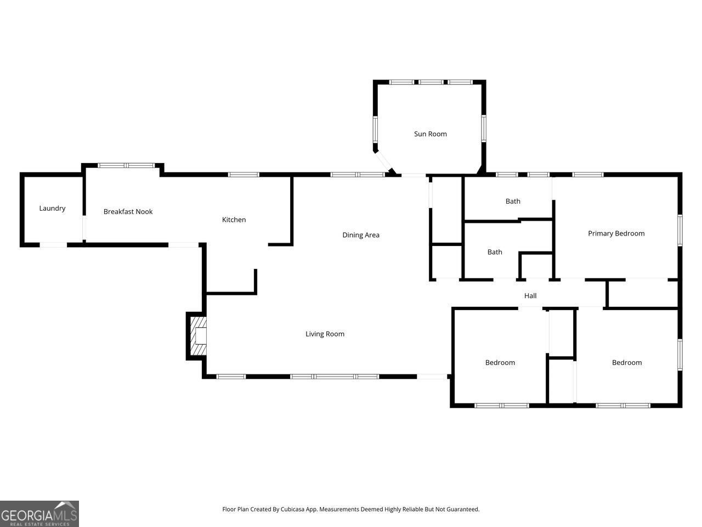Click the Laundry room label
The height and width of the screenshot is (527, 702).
pyautogui.click(x=52, y=209)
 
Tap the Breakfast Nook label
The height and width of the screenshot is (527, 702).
pyautogui.click(x=128, y=212)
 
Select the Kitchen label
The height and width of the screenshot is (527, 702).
pyautogui.click(x=234, y=220)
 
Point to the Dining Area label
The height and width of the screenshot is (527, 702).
pyautogui.click(x=361, y=235)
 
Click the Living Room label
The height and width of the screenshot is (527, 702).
pyautogui.click(x=325, y=334)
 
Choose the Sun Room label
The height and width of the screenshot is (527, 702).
pyautogui.click(x=430, y=134)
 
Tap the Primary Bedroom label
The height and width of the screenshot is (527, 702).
pyautogui.click(x=616, y=233)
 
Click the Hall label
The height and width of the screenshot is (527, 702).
pyautogui.click(x=530, y=296)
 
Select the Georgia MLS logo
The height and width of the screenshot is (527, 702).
pyautogui.click(x=39, y=514)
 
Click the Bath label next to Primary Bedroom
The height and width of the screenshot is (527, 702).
pyautogui.click(x=513, y=201)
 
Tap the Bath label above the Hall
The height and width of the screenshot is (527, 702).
pyautogui.click(x=495, y=253)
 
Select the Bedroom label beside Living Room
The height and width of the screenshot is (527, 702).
pyautogui.click(x=500, y=363)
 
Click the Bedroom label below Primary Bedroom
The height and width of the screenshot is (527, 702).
pyautogui.click(x=626, y=363)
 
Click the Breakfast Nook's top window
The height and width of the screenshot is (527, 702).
pyautogui.click(x=127, y=165)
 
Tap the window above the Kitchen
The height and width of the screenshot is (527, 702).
pyautogui.click(x=243, y=175)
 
